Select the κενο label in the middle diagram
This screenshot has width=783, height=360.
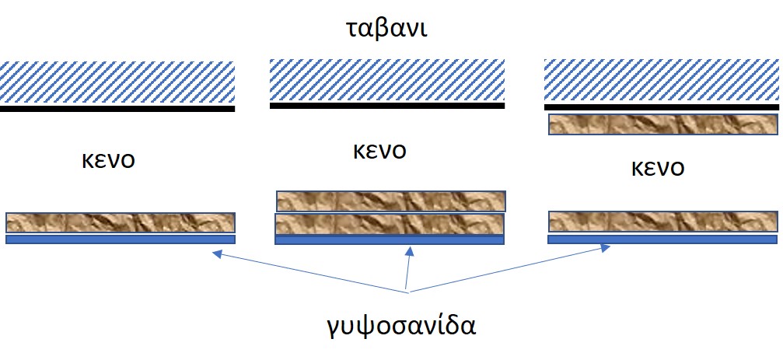point(379,149)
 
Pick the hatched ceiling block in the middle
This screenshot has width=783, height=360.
point(387,79)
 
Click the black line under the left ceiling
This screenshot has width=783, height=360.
point(117,110)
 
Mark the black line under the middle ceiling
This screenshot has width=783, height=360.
point(387,106)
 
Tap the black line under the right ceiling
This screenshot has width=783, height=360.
point(662,107)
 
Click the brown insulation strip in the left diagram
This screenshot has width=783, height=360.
point(120,222)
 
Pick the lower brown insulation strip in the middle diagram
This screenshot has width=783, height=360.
point(390,224)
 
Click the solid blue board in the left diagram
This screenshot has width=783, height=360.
point(120,239)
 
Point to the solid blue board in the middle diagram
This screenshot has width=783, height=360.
point(390,240)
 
